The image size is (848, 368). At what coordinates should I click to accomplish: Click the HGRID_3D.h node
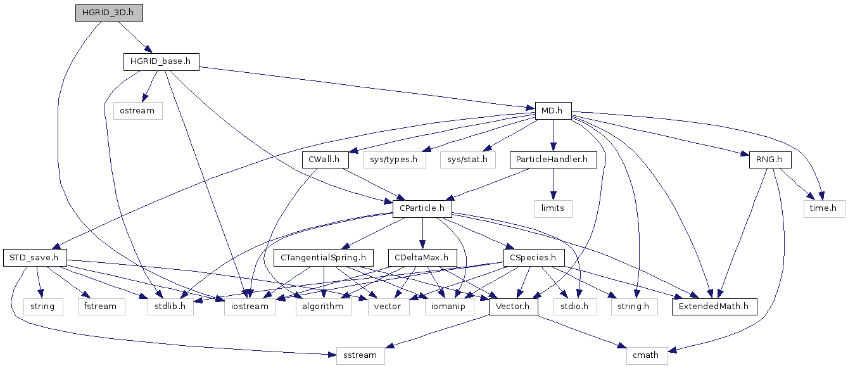pos(109,13)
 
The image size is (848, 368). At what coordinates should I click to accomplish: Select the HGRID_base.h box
pos(161,61)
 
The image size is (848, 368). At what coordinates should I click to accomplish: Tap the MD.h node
pos(553,111)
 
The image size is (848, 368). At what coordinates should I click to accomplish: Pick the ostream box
pos(138,111)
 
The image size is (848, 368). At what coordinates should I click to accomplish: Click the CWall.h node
pos(325,160)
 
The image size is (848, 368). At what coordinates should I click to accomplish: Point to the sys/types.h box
pos(394,160)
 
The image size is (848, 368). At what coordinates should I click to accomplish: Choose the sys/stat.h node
pos(467,160)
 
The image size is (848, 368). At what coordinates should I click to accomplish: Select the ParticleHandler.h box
pos(553,160)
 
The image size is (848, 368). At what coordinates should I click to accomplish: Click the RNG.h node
pos(770,160)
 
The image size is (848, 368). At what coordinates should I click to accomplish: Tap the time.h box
pos(824,208)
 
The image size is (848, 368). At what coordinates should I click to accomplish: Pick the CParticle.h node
pos(422,208)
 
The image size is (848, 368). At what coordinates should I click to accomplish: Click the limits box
pos(553,208)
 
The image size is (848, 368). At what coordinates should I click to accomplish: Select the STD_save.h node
pos(35,258)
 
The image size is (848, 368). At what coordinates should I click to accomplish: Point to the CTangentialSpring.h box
pos(324,258)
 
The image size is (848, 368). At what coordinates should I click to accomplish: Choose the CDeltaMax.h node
pos(422,258)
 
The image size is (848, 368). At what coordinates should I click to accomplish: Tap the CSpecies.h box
pos(534,258)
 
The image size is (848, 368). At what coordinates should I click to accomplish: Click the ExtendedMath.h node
pos(714,307)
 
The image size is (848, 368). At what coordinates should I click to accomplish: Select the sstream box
pos(360,355)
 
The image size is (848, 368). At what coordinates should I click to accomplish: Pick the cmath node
pos(647,355)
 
